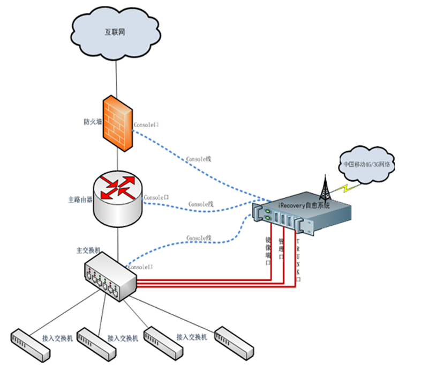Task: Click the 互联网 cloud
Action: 115,33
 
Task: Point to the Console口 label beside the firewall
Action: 146,125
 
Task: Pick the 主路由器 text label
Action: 80,199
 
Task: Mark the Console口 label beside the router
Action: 156,197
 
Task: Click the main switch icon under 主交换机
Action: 110,276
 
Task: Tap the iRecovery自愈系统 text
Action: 304,205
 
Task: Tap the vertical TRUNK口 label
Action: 298,261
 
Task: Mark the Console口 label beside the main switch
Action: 141,267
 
